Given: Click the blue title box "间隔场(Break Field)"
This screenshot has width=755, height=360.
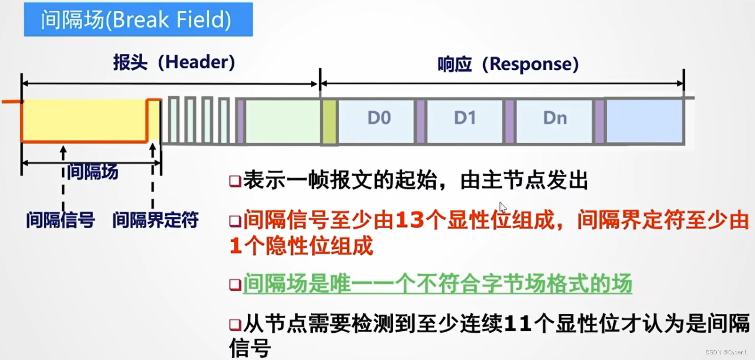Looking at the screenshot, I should click(x=138, y=19).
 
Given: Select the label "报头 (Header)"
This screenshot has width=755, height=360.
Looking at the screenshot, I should click(x=174, y=62).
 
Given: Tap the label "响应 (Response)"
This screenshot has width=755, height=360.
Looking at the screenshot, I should click(x=508, y=64).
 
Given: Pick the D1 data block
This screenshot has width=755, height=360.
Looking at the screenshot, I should click(x=465, y=118).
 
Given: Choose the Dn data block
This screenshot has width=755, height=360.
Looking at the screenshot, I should click(x=555, y=118).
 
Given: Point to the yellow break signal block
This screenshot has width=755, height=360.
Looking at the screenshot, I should click(x=84, y=120).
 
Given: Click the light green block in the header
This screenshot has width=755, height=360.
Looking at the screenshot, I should click(x=282, y=121).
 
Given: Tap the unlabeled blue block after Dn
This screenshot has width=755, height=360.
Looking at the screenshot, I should click(x=644, y=121).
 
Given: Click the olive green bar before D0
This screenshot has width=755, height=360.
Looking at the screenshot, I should click(x=330, y=122).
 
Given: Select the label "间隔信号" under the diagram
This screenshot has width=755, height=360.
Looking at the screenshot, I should click(x=60, y=220).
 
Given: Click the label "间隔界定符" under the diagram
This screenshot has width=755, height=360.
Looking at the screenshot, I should click(x=155, y=220).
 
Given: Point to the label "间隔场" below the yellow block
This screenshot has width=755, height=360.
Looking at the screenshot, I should click(x=92, y=172).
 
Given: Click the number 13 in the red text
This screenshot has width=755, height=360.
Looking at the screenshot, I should click(x=410, y=220).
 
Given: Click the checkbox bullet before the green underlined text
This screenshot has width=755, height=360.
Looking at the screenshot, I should click(x=235, y=285).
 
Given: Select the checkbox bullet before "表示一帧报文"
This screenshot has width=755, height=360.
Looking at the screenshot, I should click(x=235, y=181).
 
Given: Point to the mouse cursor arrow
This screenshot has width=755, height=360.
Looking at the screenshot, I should click(x=503, y=207).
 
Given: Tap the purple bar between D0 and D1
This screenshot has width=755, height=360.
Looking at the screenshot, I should click(x=420, y=122).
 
